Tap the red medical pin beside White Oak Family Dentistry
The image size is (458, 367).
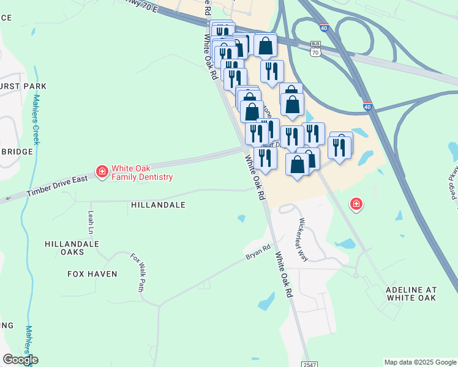tap(102, 172)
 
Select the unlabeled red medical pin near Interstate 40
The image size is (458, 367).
tap(356, 204)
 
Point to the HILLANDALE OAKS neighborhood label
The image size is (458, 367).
tap(72, 248)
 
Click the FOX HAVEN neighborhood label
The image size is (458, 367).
tap(92, 274)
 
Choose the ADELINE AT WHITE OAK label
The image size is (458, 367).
tap(411, 293)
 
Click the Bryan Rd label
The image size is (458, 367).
tap(258, 252)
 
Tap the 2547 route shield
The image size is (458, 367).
tap(309, 364)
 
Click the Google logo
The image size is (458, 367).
tap(20, 360)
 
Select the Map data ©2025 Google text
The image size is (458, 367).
tap(420, 362)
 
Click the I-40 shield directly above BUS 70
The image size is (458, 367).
tap(324, 28)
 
